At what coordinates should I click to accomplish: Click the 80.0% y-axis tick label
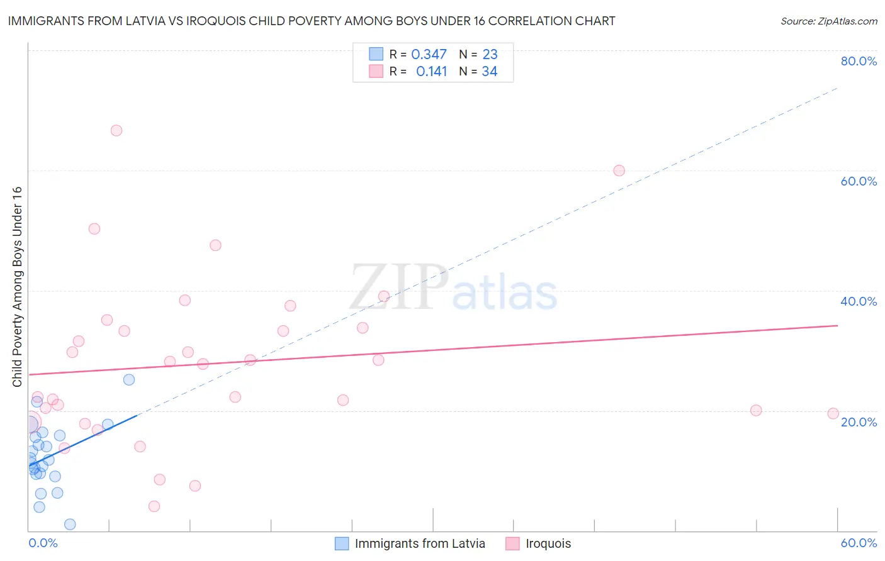[859, 61]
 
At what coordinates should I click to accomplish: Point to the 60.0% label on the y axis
[859, 181]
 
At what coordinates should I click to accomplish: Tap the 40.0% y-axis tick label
[859, 301]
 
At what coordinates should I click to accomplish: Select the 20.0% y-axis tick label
[859, 422]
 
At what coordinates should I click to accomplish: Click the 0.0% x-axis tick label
[43, 543]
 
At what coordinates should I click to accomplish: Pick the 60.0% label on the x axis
[859, 543]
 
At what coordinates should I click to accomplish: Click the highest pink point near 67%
[116, 131]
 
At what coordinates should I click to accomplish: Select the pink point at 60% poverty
[619, 170]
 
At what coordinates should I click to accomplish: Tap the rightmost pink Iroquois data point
[833, 413]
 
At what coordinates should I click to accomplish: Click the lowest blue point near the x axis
[70, 525]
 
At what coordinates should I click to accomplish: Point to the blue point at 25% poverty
[129, 379]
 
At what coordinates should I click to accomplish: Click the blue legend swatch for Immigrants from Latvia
[342, 543]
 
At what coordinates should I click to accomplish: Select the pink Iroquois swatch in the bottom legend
[512, 543]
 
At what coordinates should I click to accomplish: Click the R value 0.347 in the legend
[429, 55]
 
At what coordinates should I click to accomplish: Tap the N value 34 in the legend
[490, 72]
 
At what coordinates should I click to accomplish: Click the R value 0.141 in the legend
[431, 72]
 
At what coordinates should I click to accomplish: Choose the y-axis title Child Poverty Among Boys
[17, 287]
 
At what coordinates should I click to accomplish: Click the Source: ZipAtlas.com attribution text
[828, 21]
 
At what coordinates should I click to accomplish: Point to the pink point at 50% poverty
[94, 229]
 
